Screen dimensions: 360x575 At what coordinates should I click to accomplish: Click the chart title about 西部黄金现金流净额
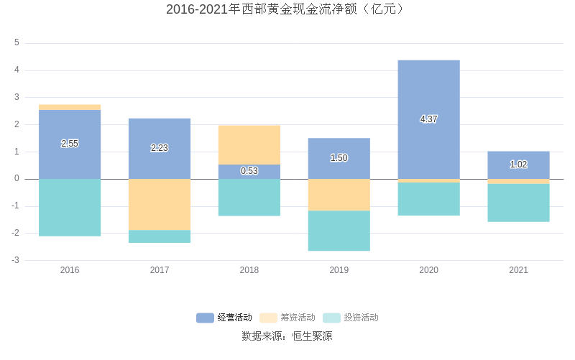pyautogui.click(x=287, y=9)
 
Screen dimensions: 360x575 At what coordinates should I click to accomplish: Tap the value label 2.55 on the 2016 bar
pyautogui.click(x=70, y=144)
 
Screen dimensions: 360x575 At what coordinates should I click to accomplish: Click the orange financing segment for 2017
pyautogui.click(x=160, y=205)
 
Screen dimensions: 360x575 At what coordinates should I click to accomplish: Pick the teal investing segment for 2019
pyautogui.click(x=339, y=231)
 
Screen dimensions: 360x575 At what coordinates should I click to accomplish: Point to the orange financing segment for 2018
pyautogui.click(x=249, y=144)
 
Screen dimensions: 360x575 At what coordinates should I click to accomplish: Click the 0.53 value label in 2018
pyautogui.click(x=249, y=171)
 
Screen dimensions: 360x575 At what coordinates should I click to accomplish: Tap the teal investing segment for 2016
pyautogui.click(x=70, y=208)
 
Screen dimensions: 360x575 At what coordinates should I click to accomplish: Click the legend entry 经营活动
pyautogui.click(x=224, y=318)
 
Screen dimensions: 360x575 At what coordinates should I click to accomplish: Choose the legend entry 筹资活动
pyautogui.click(x=287, y=318)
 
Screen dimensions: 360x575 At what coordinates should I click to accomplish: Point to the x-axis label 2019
pyautogui.click(x=339, y=270)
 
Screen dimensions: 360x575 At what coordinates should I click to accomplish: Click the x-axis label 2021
pyautogui.click(x=518, y=270)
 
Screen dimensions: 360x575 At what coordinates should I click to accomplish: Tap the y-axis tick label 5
pyautogui.click(x=17, y=43)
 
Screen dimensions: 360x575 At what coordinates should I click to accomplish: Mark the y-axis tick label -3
pyautogui.click(x=15, y=260)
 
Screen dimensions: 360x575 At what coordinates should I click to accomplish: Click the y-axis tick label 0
pyautogui.click(x=17, y=179)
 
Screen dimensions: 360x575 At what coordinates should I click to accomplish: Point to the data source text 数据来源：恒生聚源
pyautogui.click(x=287, y=336)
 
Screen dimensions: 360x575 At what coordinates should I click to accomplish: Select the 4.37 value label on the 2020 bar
pyautogui.click(x=428, y=119)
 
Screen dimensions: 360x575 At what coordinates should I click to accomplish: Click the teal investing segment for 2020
pyautogui.click(x=428, y=199)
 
